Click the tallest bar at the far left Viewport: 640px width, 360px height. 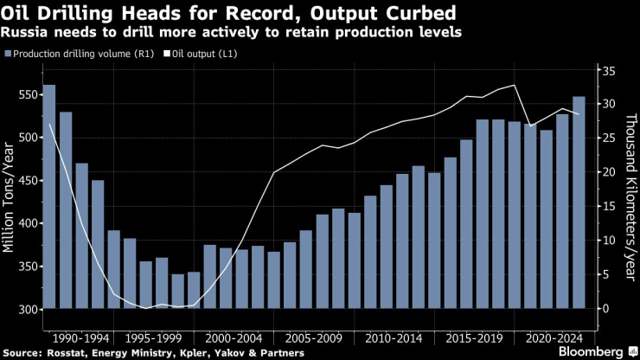(x=49, y=196)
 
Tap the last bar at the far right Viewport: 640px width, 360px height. (x=579, y=202)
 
